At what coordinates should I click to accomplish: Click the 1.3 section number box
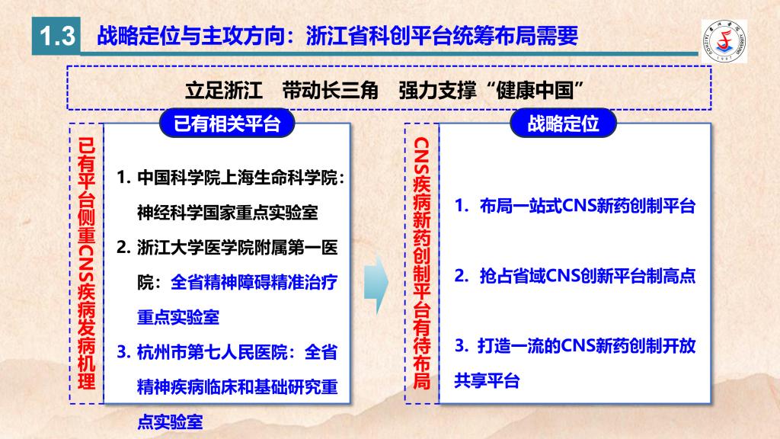click(56, 36)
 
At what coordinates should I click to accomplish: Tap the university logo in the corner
click(724, 41)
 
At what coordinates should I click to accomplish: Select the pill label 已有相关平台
click(227, 123)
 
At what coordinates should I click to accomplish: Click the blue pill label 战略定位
click(563, 123)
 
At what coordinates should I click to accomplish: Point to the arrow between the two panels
click(376, 284)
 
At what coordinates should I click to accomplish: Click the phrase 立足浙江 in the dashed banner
click(224, 91)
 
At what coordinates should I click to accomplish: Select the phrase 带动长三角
click(331, 91)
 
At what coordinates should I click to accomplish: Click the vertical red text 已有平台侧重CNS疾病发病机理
click(87, 263)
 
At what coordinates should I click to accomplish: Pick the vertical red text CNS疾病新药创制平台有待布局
click(422, 263)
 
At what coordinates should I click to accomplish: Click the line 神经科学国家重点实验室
click(227, 213)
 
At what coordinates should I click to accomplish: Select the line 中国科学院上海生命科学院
click(237, 178)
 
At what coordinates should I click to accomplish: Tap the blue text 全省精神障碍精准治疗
click(254, 282)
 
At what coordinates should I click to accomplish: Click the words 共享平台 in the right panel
click(487, 380)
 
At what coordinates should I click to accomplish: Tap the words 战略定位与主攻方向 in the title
click(191, 36)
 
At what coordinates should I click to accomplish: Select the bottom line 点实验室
click(170, 421)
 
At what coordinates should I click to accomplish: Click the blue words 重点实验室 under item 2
click(178, 317)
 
